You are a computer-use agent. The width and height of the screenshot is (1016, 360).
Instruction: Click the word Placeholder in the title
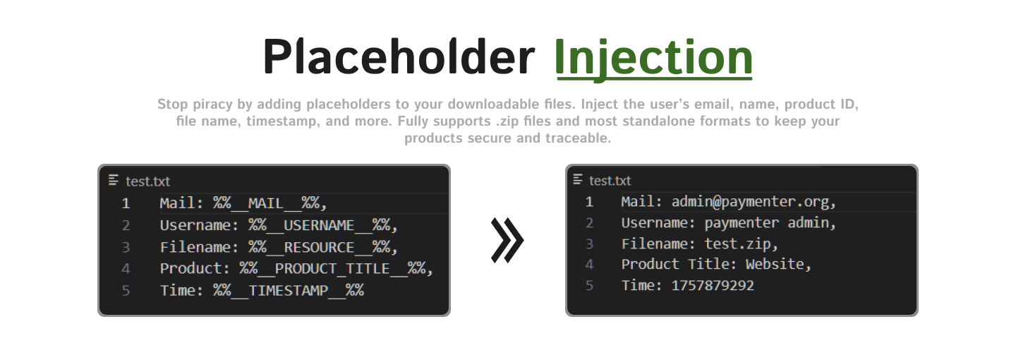(x=398, y=57)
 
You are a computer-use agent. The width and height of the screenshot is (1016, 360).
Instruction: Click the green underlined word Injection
(x=653, y=57)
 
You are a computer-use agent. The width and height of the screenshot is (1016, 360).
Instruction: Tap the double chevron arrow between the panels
(x=507, y=240)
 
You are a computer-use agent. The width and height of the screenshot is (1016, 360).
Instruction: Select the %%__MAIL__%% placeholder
(x=270, y=204)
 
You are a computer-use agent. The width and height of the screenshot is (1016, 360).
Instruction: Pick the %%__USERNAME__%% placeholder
(x=323, y=226)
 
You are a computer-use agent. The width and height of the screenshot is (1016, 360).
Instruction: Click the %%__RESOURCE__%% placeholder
(x=323, y=248)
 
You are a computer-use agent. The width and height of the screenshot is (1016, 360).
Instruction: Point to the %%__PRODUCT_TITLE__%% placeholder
(x=336, y=269)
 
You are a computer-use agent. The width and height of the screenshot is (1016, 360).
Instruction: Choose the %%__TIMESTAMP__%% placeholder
(x=289, y=290)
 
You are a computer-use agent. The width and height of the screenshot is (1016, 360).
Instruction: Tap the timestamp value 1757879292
(x=713, y=286)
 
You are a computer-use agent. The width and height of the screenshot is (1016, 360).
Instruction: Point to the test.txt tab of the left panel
(x=147, y=181)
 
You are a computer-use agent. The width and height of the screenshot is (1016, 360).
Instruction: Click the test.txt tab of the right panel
(x=610, y=181)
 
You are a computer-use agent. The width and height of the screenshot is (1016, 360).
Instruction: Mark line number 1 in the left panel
(x=126, y=204)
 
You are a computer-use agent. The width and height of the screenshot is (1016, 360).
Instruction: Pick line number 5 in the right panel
(x=589, y=286)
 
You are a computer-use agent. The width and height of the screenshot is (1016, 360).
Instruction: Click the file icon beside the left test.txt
(x=114, y=181)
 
